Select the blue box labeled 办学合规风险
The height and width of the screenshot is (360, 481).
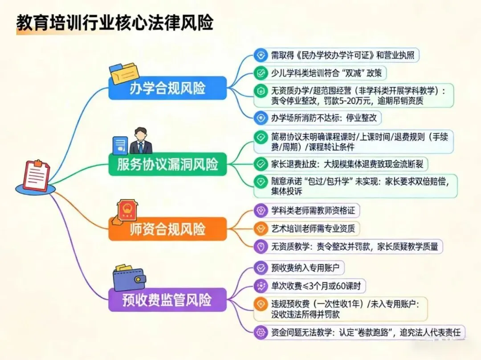point(167,88)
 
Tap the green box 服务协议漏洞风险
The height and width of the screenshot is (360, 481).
point(167,165)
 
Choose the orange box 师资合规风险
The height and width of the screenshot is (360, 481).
point(167,229)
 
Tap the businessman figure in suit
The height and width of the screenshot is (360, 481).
point(141,141)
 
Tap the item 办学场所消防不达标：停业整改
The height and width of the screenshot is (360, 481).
point(318,118)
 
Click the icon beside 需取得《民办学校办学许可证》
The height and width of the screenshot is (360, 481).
point(260,55)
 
